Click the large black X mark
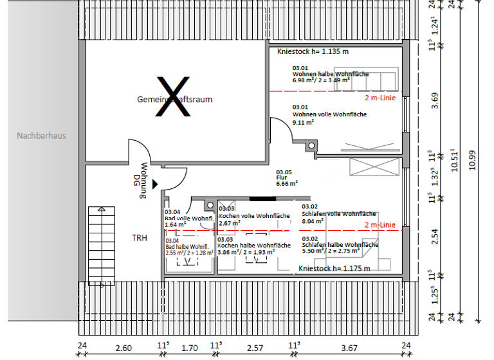[174, 96]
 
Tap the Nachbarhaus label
[41, 136]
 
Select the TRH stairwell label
[140, 238]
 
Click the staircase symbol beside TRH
[100, 245]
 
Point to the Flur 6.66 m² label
[287, 178]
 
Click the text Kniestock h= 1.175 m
[334, 269]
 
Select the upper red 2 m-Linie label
[380, 98]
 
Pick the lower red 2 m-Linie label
[380, 225]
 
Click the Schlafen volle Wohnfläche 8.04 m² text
[338, 217]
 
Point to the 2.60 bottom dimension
[123, 348]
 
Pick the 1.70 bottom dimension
[190, 348]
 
